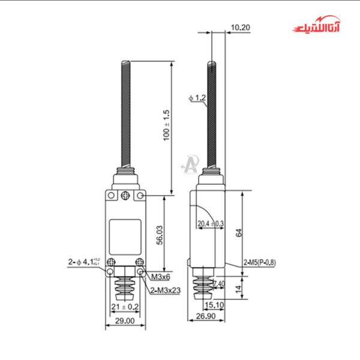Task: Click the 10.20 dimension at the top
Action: click(x=238, y=27)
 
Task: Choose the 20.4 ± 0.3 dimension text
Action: click(x=211, y=224)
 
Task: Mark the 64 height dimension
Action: click(x=239, y=233)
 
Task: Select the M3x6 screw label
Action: click(x=160, y=277)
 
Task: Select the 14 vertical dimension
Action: click(x=239, y=289)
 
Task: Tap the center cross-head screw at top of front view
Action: click(x=125, y=195)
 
